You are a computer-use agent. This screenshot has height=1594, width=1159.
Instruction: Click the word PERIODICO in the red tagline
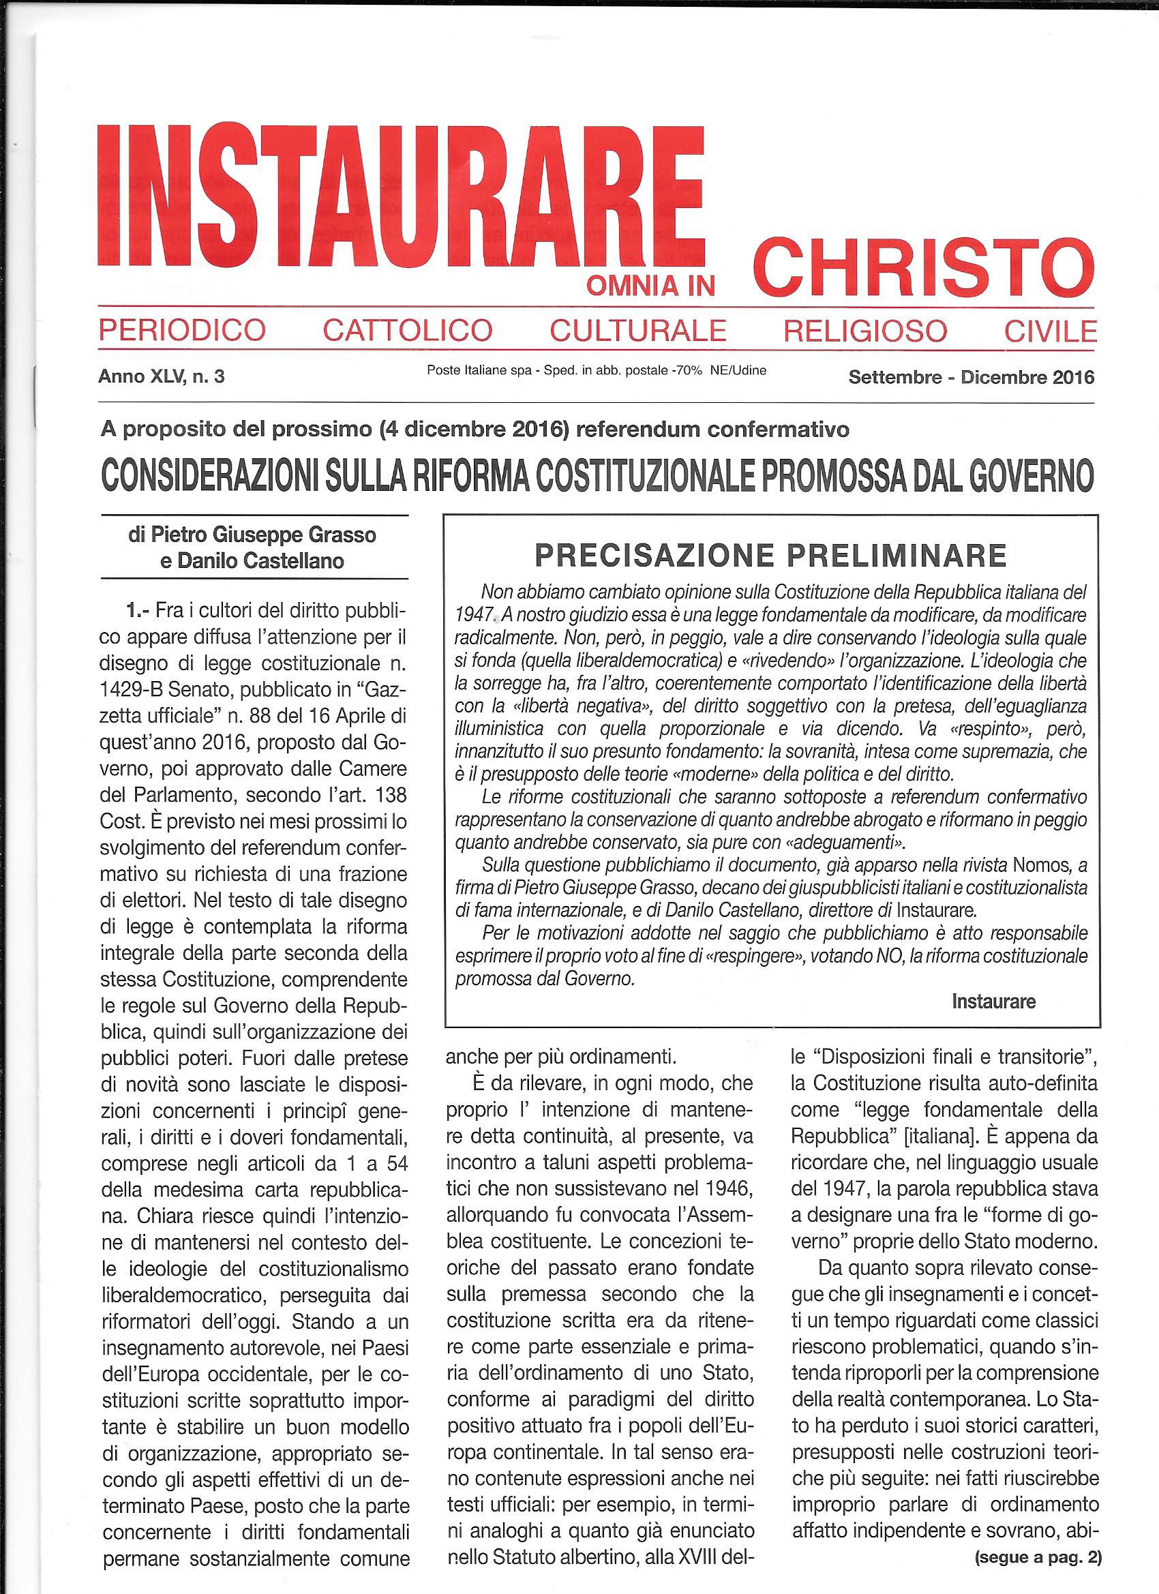[182, 329]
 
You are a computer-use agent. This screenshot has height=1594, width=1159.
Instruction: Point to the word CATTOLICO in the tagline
[407, 329]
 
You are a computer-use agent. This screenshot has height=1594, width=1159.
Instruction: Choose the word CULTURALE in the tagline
[638, 329]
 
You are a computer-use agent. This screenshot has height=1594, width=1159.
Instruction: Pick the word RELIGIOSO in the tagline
[865, 329]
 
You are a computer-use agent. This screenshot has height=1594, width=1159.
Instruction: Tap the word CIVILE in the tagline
[1051, 329]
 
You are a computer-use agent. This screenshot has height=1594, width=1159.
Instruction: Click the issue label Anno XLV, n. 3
[162, 377]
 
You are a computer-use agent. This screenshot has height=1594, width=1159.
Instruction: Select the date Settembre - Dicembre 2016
[972, 378]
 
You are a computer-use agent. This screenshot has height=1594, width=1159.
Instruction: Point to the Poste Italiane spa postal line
[597, 370]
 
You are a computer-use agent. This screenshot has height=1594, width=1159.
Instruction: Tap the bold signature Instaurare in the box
[993, 1001]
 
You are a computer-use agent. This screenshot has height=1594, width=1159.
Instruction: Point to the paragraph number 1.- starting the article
[138, 611]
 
